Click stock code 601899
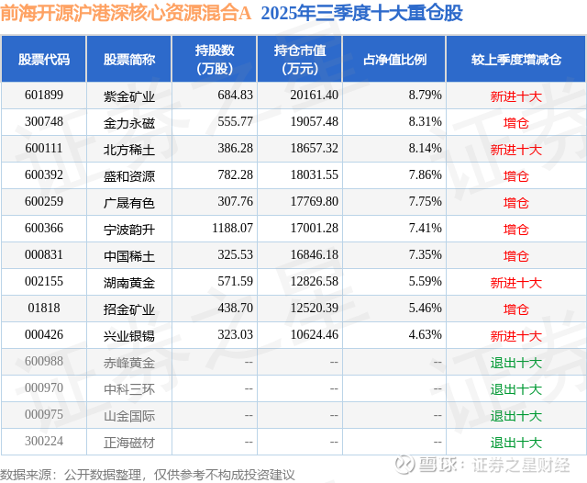[44, 95]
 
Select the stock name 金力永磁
[128, 121]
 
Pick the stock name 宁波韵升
[128, 229]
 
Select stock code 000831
[44, 255]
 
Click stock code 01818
[44, 309]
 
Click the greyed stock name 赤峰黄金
[128, 362]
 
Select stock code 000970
[44, 388]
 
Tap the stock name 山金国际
[128, 415]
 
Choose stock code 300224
[44, 442]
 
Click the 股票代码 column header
[44, 60]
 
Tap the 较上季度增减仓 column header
[516, 60]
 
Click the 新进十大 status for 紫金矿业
[516, 95]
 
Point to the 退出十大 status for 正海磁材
[516, 442]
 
